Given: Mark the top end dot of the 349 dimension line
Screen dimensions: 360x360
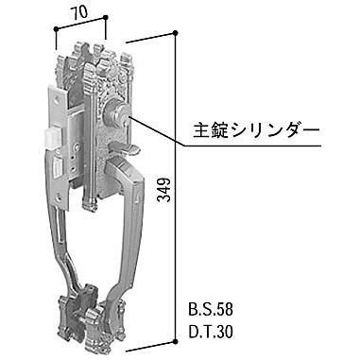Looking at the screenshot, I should (176, 31).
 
